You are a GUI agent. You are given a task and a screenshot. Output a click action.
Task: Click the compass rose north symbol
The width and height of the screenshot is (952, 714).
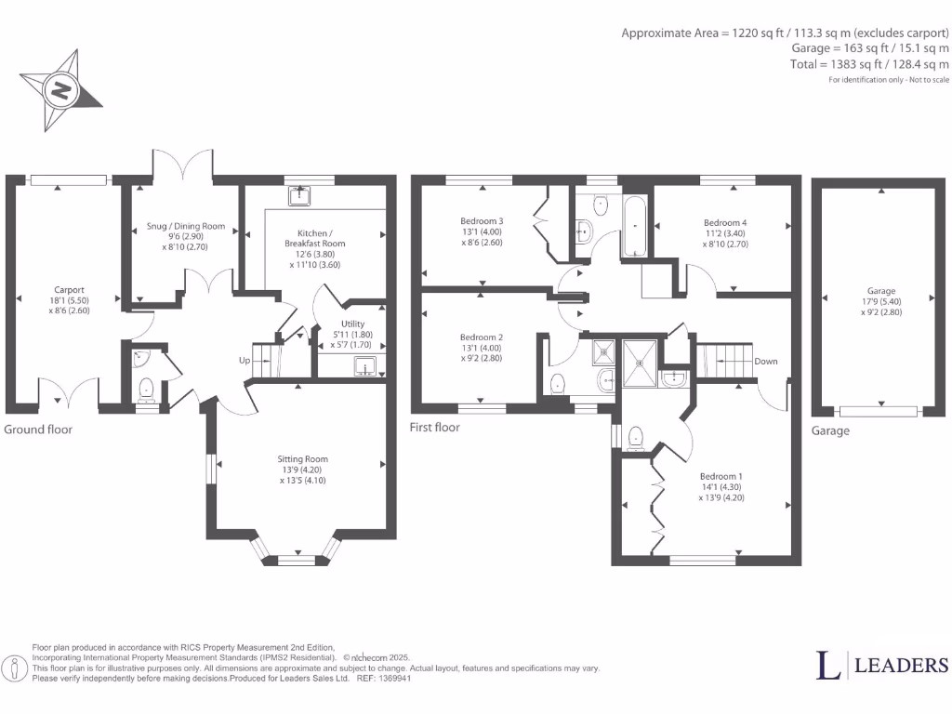click(62, 90)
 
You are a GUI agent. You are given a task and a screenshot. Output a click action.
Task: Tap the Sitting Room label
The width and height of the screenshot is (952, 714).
click(302, 459)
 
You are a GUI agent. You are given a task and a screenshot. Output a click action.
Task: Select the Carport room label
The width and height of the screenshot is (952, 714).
click(68, 290)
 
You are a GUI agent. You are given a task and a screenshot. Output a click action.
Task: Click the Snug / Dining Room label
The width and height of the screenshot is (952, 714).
click(186, 226)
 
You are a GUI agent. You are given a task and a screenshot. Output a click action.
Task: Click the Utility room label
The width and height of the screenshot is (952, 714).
click(353, 324)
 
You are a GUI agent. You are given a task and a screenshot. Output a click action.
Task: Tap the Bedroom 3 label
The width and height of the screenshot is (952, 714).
click(481, 221)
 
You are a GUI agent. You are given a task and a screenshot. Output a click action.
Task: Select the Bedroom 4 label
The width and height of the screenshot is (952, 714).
click(724, 223)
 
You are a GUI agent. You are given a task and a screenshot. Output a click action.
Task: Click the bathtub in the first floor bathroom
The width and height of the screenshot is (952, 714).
click(637, 226)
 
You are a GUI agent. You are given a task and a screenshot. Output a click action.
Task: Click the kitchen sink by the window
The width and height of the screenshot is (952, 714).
click(300, 195)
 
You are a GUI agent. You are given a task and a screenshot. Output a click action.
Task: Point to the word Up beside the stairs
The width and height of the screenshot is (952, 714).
click(245, 361)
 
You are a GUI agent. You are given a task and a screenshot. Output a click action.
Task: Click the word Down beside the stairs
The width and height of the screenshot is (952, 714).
click(766, 362)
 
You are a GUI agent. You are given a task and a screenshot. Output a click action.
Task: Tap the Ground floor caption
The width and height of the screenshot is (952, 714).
click(38, 430)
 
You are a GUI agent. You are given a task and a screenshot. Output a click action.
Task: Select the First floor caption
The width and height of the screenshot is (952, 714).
click(434, 428)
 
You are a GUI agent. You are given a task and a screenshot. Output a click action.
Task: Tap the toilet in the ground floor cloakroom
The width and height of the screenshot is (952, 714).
click(146, 387)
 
